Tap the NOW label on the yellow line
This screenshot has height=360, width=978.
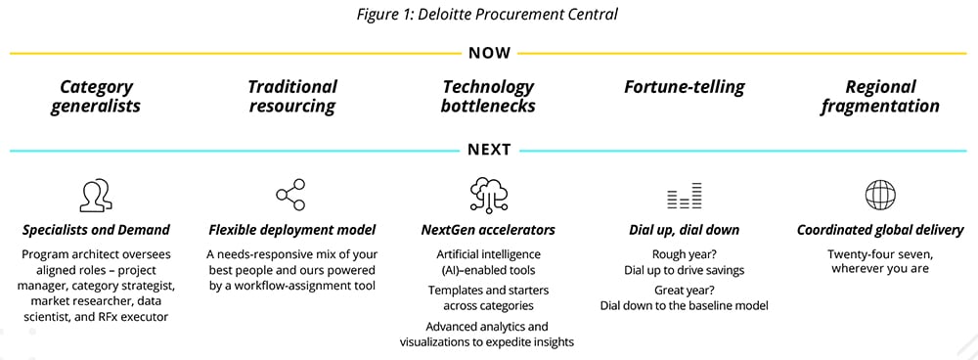[x=490, y=53]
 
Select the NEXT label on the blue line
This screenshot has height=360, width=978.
[x=490, y=150]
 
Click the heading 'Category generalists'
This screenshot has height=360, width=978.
[x=96, y=96]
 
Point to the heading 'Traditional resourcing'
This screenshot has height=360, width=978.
[x=291, y=96]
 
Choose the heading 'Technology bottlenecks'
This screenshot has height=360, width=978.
[x=488, y=96]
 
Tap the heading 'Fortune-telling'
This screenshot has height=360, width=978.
[x=685, y=87]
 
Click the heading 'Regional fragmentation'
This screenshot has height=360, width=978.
[x=880, y=96]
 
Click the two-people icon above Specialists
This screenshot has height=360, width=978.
[x=96, y=195]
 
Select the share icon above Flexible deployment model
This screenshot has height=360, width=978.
[x=291, y=195]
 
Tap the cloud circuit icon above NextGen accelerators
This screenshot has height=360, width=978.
[x=488, y=194]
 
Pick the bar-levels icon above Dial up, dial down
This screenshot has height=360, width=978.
[x=685, y=196]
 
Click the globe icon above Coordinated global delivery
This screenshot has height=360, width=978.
[x=880, y=195]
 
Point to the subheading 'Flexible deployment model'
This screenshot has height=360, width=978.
[x=291, y=230]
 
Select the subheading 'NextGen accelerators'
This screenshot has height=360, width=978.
[x=488, y=230]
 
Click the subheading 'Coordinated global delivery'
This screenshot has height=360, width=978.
[x=880, y=230]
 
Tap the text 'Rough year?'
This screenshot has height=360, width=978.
[x=685, y=254]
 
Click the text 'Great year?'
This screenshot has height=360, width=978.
[x=685, y=291]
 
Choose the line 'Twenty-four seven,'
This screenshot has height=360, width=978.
[x=880, y=254]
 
